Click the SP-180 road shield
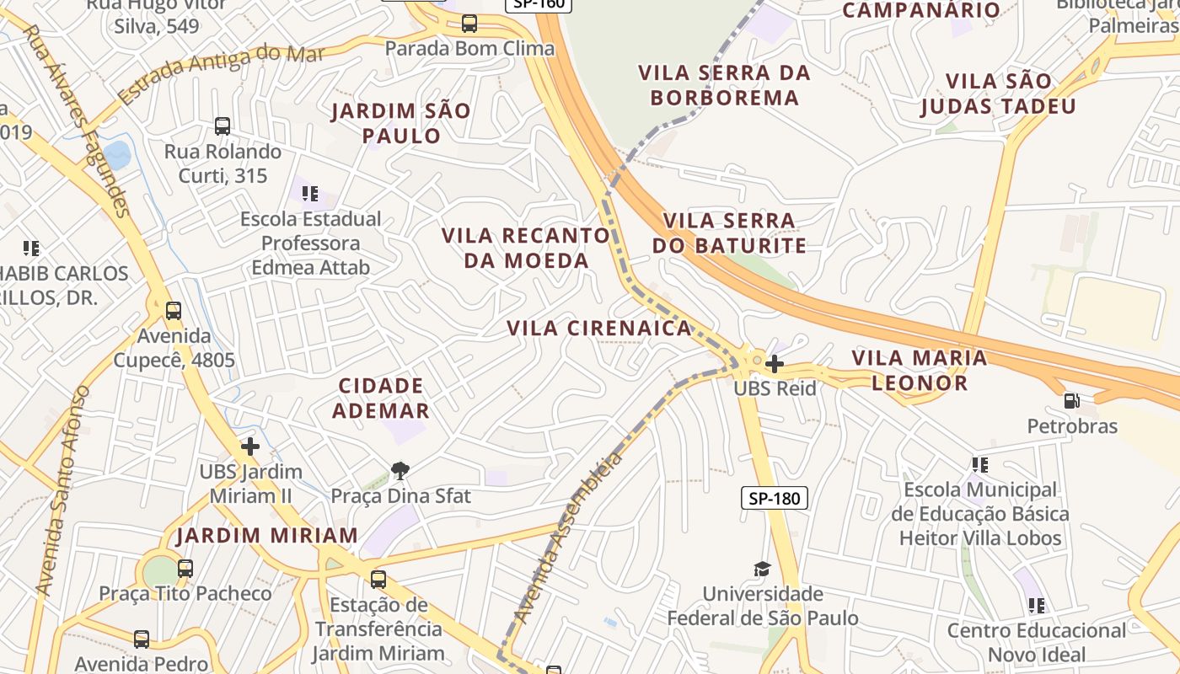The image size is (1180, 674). [775, 498]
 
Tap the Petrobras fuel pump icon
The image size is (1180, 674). [1072, 401]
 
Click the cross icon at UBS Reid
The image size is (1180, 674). [775, 364]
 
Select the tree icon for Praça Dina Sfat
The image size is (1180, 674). [400, 470]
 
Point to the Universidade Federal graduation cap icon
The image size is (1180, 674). [762, 570]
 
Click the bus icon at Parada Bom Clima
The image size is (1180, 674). [469, 24]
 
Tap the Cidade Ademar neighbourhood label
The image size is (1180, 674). [381, 398]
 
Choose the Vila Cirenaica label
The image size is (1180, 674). [599, 328]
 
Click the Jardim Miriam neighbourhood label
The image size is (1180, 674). [267, 535]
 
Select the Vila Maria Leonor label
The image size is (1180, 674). [919, 370]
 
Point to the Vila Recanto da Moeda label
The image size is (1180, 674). [526, 248]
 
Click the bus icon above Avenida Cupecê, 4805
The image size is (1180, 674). [174, 311]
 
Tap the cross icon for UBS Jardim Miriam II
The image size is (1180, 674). [249, 446]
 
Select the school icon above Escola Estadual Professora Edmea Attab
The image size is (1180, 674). [310, 194]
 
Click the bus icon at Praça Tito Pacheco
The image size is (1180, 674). [185, 569]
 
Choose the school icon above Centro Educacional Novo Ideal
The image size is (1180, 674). [1037, 605]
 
